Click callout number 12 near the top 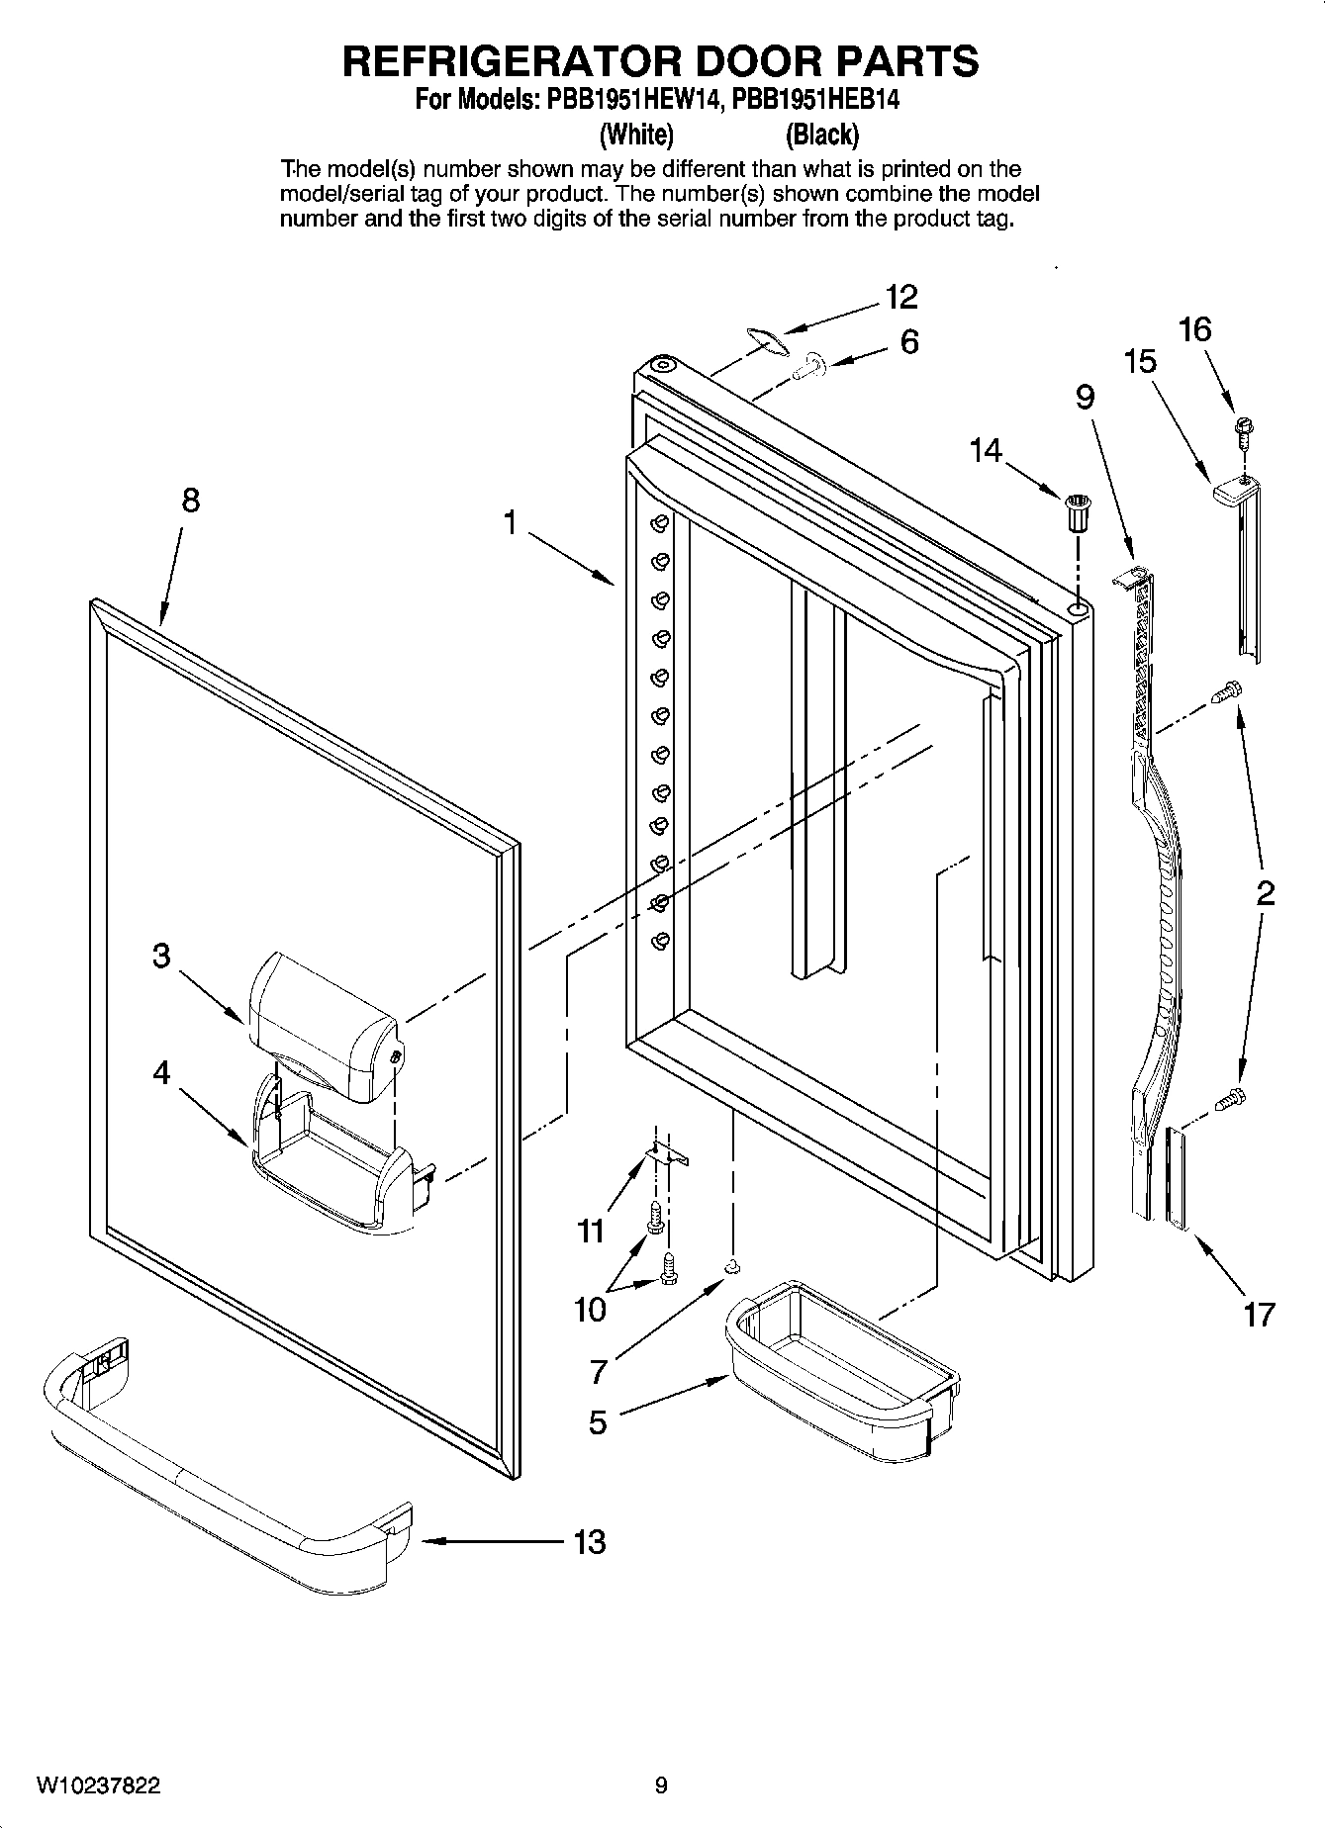tap(900, 297)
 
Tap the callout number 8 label tap(190, 501)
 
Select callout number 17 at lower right tap(1259, 1315)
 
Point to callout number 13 tap(590, 1541)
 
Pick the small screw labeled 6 tap(811, 367)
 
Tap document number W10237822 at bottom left tap(98, 1785)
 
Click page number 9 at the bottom tap(661, 1785)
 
